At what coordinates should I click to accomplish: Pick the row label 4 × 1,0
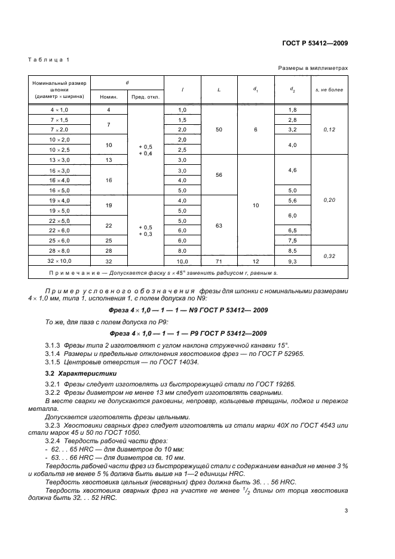pos(59,110)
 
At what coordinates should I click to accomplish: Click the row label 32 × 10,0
pos(59,262)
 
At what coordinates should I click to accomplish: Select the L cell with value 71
pos(219,262)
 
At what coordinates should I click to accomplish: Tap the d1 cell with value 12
pos(256,262)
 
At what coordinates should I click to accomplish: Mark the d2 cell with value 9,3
pos(293,262)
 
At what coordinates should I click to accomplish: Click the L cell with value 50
pos(219,129)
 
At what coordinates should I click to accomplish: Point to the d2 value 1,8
pos(293,110)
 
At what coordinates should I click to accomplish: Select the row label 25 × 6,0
pos(59,240)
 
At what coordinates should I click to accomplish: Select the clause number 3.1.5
pos(53,363)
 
